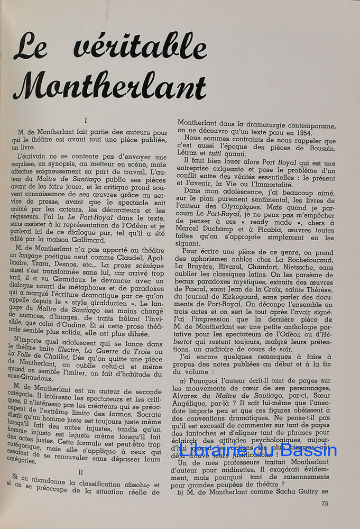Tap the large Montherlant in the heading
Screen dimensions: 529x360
click(x=109, y=85)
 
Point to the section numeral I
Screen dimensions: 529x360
click(x=86, y=121)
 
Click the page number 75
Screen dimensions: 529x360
click(x=325, y=503)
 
